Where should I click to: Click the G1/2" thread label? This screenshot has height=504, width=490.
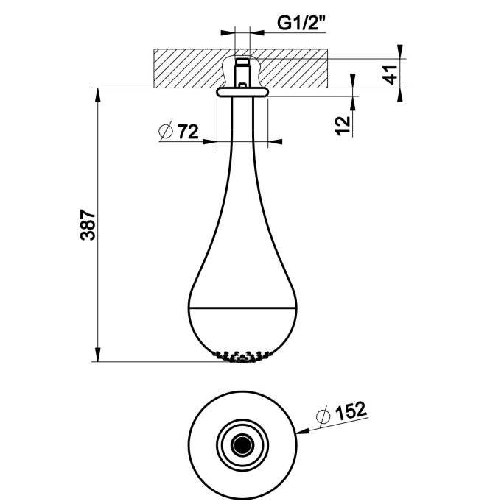301,23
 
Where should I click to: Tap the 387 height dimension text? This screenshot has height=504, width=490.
88,225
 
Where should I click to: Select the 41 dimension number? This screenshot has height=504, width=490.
391,74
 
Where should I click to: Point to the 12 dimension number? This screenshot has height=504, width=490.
343,125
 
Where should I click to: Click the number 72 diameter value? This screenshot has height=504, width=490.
188,131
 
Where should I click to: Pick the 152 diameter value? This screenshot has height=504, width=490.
351,411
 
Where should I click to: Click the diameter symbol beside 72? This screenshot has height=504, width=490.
166,131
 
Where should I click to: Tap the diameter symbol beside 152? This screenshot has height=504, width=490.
323,416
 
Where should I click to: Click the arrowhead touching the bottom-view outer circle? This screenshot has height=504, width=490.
303,430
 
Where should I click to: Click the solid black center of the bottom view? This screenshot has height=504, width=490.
242,445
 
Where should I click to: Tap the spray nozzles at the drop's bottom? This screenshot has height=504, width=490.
242,356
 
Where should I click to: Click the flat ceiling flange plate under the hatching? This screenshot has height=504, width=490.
242,92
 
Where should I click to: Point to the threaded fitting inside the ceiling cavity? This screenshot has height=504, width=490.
242,73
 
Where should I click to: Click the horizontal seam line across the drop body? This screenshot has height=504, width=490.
242,308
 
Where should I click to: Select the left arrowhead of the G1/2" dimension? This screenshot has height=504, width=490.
228,32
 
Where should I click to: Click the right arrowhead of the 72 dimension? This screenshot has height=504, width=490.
275,141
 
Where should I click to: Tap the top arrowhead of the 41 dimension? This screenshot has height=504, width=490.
399,52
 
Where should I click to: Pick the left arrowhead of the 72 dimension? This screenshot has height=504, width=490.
209,141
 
